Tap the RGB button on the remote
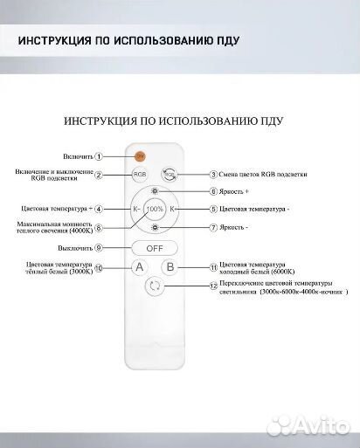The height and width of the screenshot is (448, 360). coord(141,175)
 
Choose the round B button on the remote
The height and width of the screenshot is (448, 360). coord(171,267)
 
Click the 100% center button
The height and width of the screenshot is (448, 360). coord(155,210)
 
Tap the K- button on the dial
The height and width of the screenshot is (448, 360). coord(135,210)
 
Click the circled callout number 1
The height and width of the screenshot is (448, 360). coord(123,156)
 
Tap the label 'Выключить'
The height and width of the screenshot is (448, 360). coord(99,247)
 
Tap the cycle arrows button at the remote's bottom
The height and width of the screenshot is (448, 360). coord(156,286)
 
